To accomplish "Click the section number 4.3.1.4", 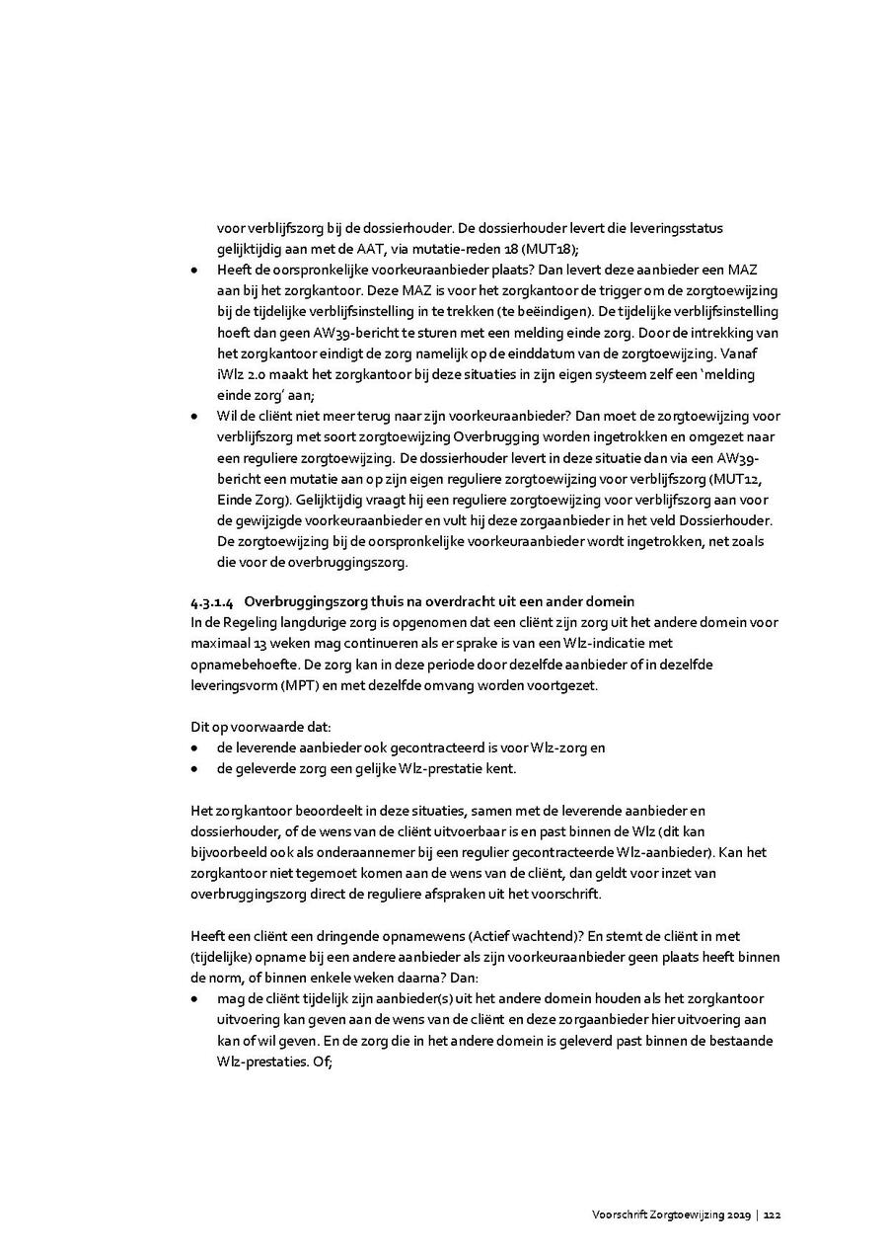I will pyautogui.click(x=213, y=601).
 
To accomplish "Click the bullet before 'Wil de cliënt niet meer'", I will pyautogui.click(x=195, y=416).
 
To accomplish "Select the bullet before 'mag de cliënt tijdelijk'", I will pyautogui.click(x=195, y=999).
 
